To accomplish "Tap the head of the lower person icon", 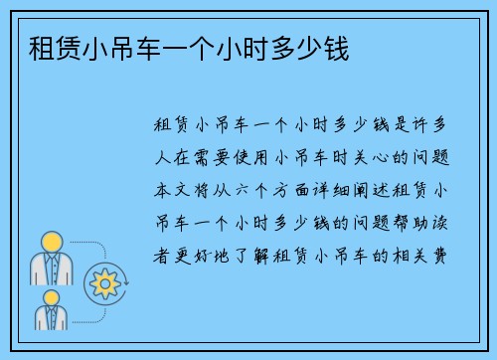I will tap(49, 295).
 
